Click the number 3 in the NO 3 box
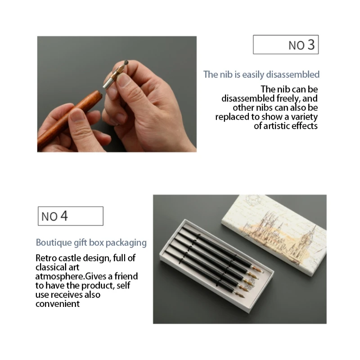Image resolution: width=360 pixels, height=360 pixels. [x=310, y=45]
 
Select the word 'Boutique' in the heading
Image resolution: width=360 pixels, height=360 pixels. [x=53, y=243]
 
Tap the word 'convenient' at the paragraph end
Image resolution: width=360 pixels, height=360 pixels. [x=58, y=304]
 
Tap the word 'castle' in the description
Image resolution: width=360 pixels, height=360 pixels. [x=70, y=258]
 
